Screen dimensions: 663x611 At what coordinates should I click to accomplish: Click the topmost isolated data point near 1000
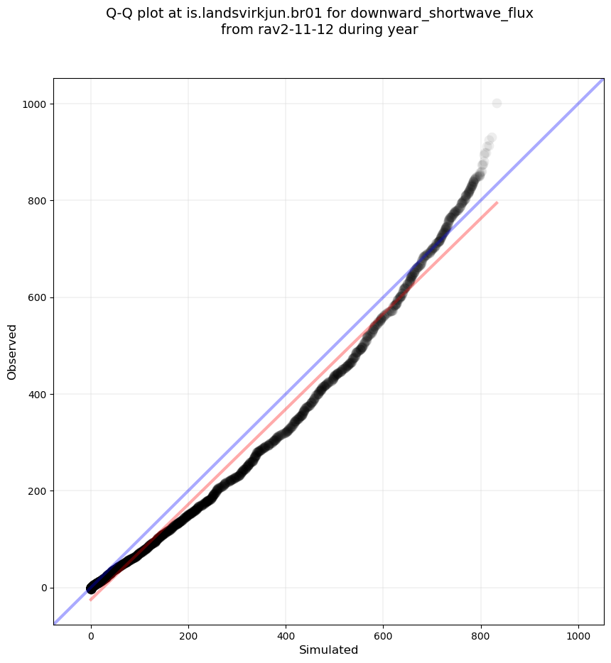click(497, 104)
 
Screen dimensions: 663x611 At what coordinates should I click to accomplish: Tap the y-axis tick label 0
click(44, 588)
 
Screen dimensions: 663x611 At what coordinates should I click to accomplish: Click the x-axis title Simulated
click(328, 650)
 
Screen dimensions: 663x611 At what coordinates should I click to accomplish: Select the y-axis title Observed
click(12, 352)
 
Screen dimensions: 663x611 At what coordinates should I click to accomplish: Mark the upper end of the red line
click(497, 203)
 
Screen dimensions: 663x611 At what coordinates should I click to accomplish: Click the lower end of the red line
click(91, 600)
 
